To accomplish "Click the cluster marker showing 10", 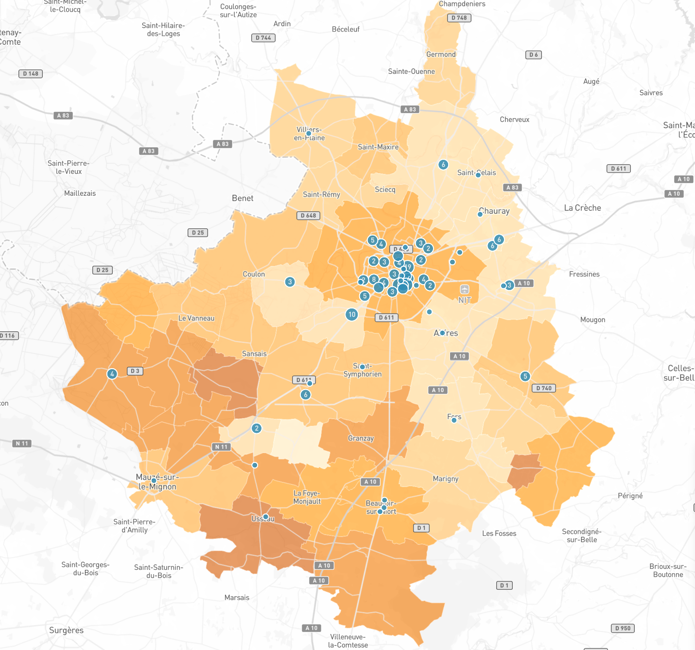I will [x=352, y=314].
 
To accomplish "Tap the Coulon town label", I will [x=254, y=274].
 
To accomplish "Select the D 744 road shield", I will [x=263, y=37].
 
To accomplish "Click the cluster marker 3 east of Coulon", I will [x=290, y=282].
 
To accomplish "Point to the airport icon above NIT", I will [x=465, y=289].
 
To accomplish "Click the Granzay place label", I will [x=361, y=438].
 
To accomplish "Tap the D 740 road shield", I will [x=544, y=388].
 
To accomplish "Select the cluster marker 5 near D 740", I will [x=525, y=376].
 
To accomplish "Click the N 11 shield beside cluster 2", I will [x=221, y=447].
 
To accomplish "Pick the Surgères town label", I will [x=66, y=630].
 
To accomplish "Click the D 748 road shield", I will [x=459, y=18].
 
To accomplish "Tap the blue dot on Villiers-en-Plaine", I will [x=308, y=133].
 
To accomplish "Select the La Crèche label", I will [x=582, y=208].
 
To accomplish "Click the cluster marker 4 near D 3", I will [x=112, y=374].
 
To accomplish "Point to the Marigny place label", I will [x=445, y=479].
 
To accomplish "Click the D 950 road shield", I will [x=623, y=628].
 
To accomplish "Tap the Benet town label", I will [x=243, y=198].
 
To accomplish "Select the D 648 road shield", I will [x=308, y=215].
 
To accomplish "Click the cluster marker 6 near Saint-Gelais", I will [x=443, y=165].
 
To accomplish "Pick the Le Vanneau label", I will [x=196, y=318].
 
